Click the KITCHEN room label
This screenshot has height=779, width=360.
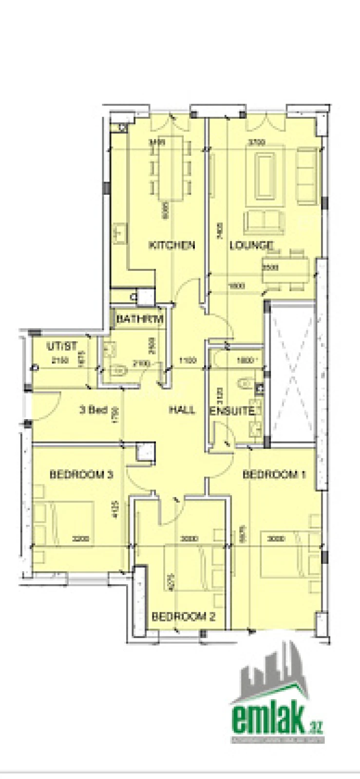(171, 245)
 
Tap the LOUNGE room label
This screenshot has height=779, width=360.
(251, 245)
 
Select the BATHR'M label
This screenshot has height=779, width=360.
(139, 319)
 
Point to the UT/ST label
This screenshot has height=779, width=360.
(62, 347)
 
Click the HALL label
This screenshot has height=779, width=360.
(182, 410)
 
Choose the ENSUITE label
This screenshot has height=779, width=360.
(231, 411)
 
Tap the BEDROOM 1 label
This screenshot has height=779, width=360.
(274, 474)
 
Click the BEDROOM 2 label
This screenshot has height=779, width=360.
(184, 617)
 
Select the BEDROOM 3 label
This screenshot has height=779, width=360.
(81, 474)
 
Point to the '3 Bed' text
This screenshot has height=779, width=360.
(93, 410)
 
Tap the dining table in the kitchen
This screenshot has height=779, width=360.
(171, 168)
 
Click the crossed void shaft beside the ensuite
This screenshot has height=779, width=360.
(292, 372)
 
